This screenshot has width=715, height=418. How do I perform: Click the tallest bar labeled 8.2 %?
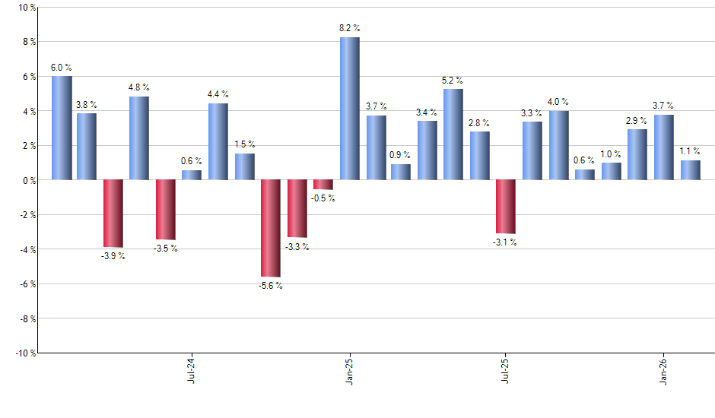[x=349, y=109]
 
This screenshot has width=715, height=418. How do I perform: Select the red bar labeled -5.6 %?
[x=271, y=228]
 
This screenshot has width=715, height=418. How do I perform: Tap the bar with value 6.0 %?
[x=62, y=128]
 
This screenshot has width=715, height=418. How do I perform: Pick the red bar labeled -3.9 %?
[x=113, y=214]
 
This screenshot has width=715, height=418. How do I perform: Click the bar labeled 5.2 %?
[x=453, y=135]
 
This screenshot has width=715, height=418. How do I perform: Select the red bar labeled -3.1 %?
[x=506, y=207]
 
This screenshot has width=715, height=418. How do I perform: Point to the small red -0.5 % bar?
[x=323, y=185]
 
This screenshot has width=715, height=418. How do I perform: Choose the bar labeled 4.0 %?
[x=559, y=145]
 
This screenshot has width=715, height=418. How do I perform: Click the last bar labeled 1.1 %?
[x=691, y=170]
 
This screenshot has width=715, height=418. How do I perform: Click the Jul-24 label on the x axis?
[x=191, y=369]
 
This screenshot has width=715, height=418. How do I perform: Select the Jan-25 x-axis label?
[x=349, y=369]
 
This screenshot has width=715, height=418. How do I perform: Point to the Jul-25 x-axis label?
[x=506, y=369]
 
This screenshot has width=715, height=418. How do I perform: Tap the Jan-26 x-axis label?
[x=664, y=369]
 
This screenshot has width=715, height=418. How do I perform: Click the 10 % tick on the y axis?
[x=26, y=8]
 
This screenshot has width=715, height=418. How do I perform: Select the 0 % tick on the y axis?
[x=28, y=180]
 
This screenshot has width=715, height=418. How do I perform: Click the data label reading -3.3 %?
[x=297, y=247]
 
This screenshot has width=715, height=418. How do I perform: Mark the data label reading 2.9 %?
[x=637, y=120]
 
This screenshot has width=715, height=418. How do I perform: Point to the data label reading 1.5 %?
[x=245, y=144]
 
